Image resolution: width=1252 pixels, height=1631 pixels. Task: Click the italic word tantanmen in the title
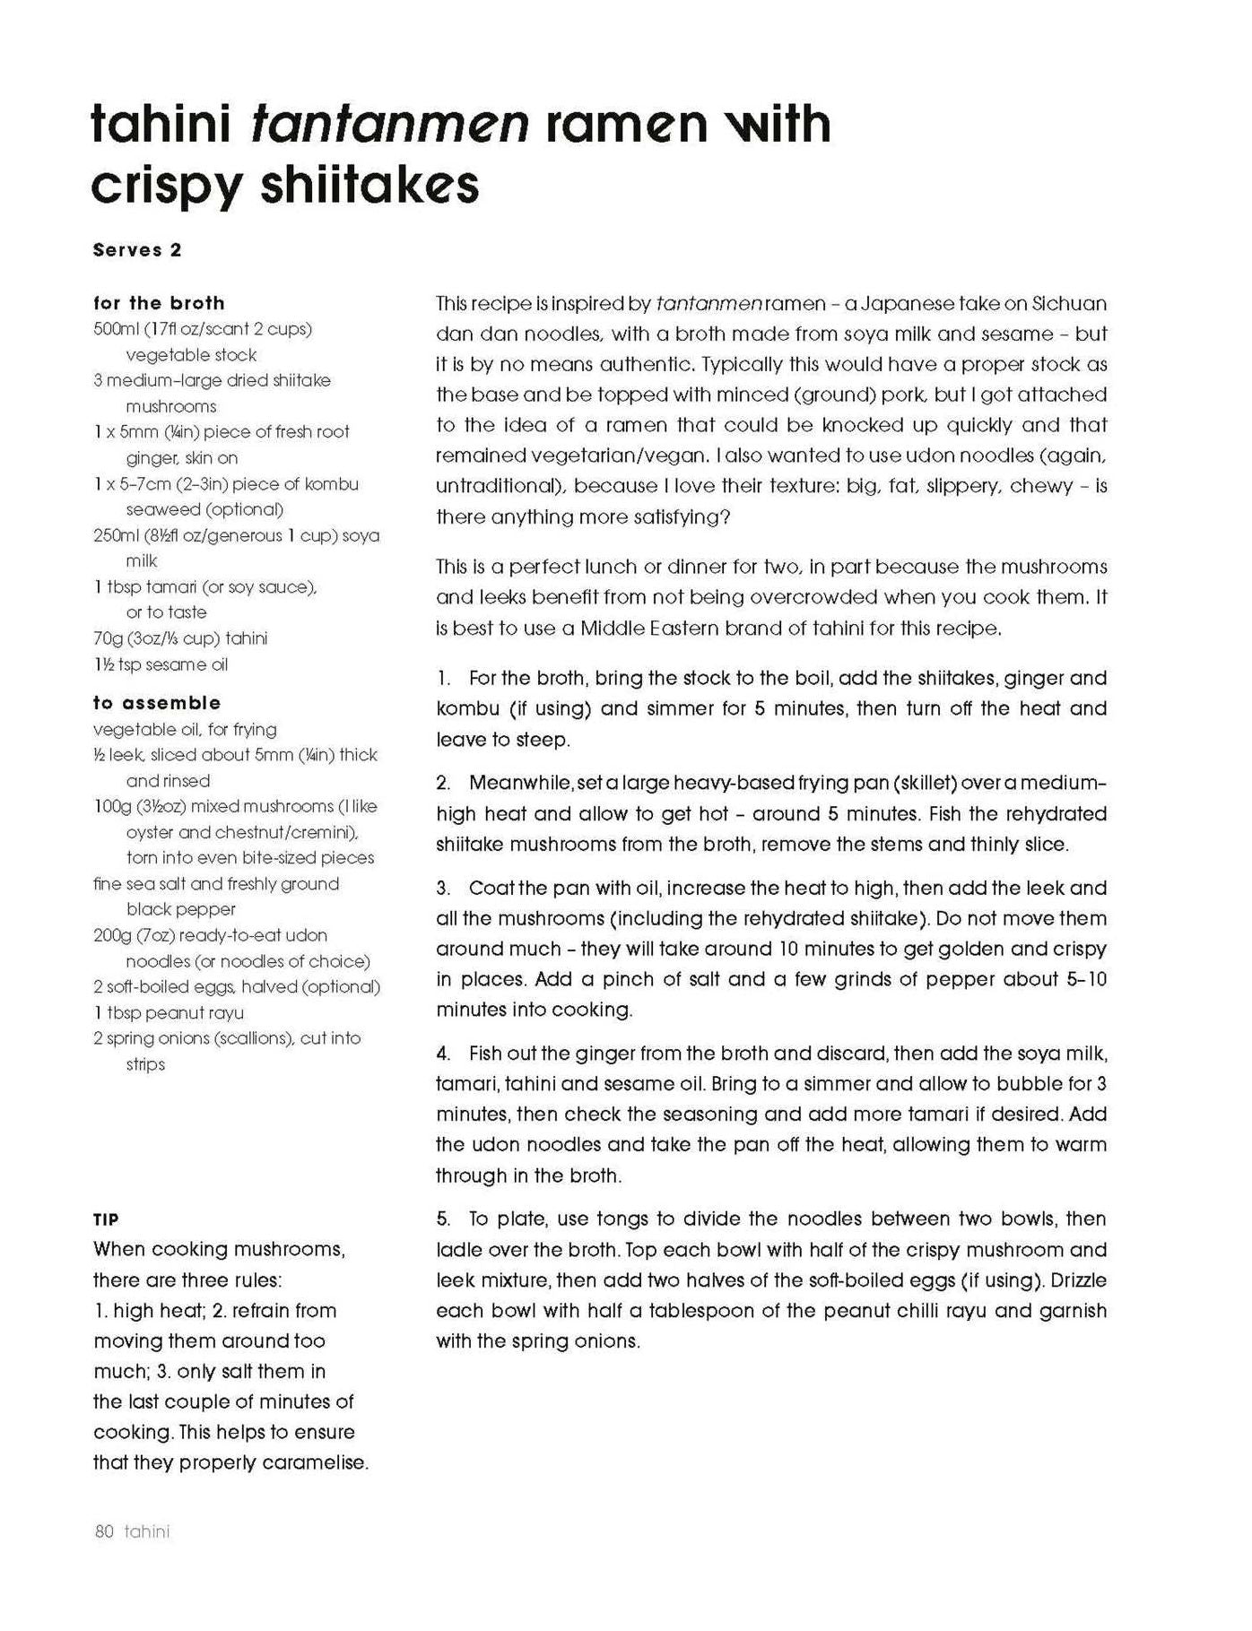click(x=390, y=124)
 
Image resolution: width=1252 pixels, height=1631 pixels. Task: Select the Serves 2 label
click(x=137, y=251)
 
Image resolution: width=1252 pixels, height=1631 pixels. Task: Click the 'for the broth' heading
click(x=159, y=303)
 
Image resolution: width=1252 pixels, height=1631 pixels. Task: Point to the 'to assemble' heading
click(x=157, y=703)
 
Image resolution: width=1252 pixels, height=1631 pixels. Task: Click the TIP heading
click(x=106, y=1219)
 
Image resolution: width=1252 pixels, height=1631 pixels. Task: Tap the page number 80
click(x=104, y=1531)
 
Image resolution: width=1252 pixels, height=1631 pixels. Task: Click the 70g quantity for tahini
click(x=107, y=638)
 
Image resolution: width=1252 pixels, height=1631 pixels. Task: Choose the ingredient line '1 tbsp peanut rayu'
click(x=169, y=1013)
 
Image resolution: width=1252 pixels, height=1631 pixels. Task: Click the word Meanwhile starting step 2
click(x=521, y=783)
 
